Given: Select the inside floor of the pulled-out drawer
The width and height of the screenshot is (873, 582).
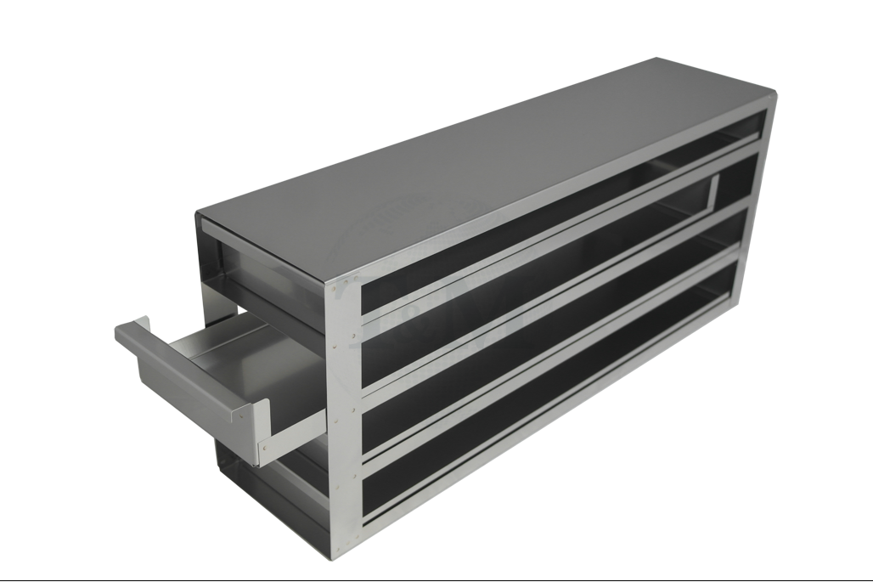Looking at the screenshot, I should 229,348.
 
